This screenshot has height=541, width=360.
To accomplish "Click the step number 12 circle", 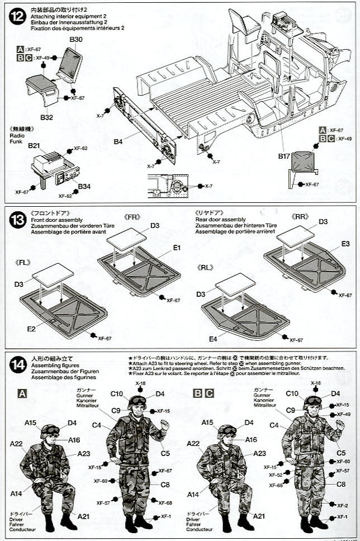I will (15, 16).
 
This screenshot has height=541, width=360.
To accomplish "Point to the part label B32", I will (46, 117).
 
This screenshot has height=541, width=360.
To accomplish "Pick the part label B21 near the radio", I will (35, 145).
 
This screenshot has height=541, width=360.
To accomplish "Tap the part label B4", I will (117, 141).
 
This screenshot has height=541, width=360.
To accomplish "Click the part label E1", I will (177, 247).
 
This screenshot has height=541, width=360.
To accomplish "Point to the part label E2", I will (32, 329).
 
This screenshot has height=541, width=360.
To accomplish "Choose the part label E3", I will (345, 244).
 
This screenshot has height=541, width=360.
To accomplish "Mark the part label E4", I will (213, 339).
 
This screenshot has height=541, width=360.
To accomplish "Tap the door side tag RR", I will (300, 216).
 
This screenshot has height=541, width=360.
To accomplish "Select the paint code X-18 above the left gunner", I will (141, 383).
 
